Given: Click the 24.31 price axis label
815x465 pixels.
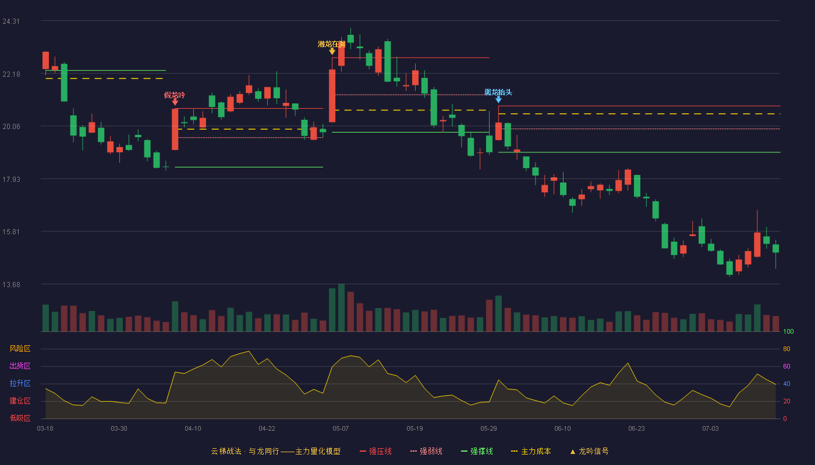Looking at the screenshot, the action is click(x=11, y=22).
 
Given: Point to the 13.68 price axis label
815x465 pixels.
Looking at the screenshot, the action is click(x=11, y=284).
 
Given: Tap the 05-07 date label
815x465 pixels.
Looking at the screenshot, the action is click(x=341, y=429).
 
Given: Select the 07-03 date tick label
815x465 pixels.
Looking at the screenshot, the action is click(x=710, y=429).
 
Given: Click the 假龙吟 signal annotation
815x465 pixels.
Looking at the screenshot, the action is click(x=175, y=95).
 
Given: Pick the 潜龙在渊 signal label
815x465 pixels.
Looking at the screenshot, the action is click(x=331, y=44).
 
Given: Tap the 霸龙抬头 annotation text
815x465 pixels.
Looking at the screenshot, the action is click(x=498, y=92).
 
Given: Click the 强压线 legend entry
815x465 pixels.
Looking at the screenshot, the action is click(x=375, y=451).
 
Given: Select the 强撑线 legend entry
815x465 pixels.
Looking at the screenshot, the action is click(x=477, y=451).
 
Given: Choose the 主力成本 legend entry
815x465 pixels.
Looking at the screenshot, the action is click(x=531, y=451).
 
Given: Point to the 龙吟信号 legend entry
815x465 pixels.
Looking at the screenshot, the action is click(x=589, y=451).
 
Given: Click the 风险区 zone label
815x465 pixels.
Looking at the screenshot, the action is click(x=20, y=349).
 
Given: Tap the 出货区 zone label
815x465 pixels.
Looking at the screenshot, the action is click(x=20, y=366).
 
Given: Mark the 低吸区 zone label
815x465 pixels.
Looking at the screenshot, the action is click(x=20, y=418).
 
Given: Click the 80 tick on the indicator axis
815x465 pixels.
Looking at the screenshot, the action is click(x=786, y=349).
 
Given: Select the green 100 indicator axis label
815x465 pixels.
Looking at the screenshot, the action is click(x=788, y=331).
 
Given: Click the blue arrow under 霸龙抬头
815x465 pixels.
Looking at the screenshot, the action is click(x=498, y=99).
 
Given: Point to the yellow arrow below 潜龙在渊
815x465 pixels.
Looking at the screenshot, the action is click(x=332, y=51).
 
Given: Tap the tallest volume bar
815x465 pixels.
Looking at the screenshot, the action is click(x=341, y=307).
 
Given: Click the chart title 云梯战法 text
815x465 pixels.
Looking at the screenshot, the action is click(x=226, y=451).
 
